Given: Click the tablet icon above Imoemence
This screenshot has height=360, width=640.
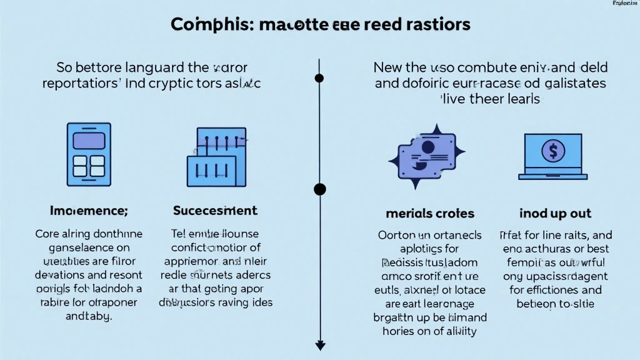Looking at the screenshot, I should click(89, 154).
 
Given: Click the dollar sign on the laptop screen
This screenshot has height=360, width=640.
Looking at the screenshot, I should click(553, 150).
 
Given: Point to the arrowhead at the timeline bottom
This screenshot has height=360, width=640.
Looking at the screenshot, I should click(320, 345).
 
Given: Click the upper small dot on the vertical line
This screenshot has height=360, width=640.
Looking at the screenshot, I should click(319, 78).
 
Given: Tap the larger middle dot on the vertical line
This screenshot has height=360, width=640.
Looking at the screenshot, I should click(320, 189).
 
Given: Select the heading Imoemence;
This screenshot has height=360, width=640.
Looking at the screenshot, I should click(89, 211).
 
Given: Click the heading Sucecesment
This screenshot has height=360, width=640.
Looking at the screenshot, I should click(214, 211).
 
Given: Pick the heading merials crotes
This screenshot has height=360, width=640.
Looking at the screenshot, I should click(430, 213).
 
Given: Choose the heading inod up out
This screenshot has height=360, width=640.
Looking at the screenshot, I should click(555, 213).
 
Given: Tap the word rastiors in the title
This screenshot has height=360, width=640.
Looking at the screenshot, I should click(431, 25).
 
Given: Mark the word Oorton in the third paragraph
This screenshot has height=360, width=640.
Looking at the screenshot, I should click(396, 236).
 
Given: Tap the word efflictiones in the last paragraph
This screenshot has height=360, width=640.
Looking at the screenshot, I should click(547, 290).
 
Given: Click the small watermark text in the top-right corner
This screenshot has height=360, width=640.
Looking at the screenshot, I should click(622, 4).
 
